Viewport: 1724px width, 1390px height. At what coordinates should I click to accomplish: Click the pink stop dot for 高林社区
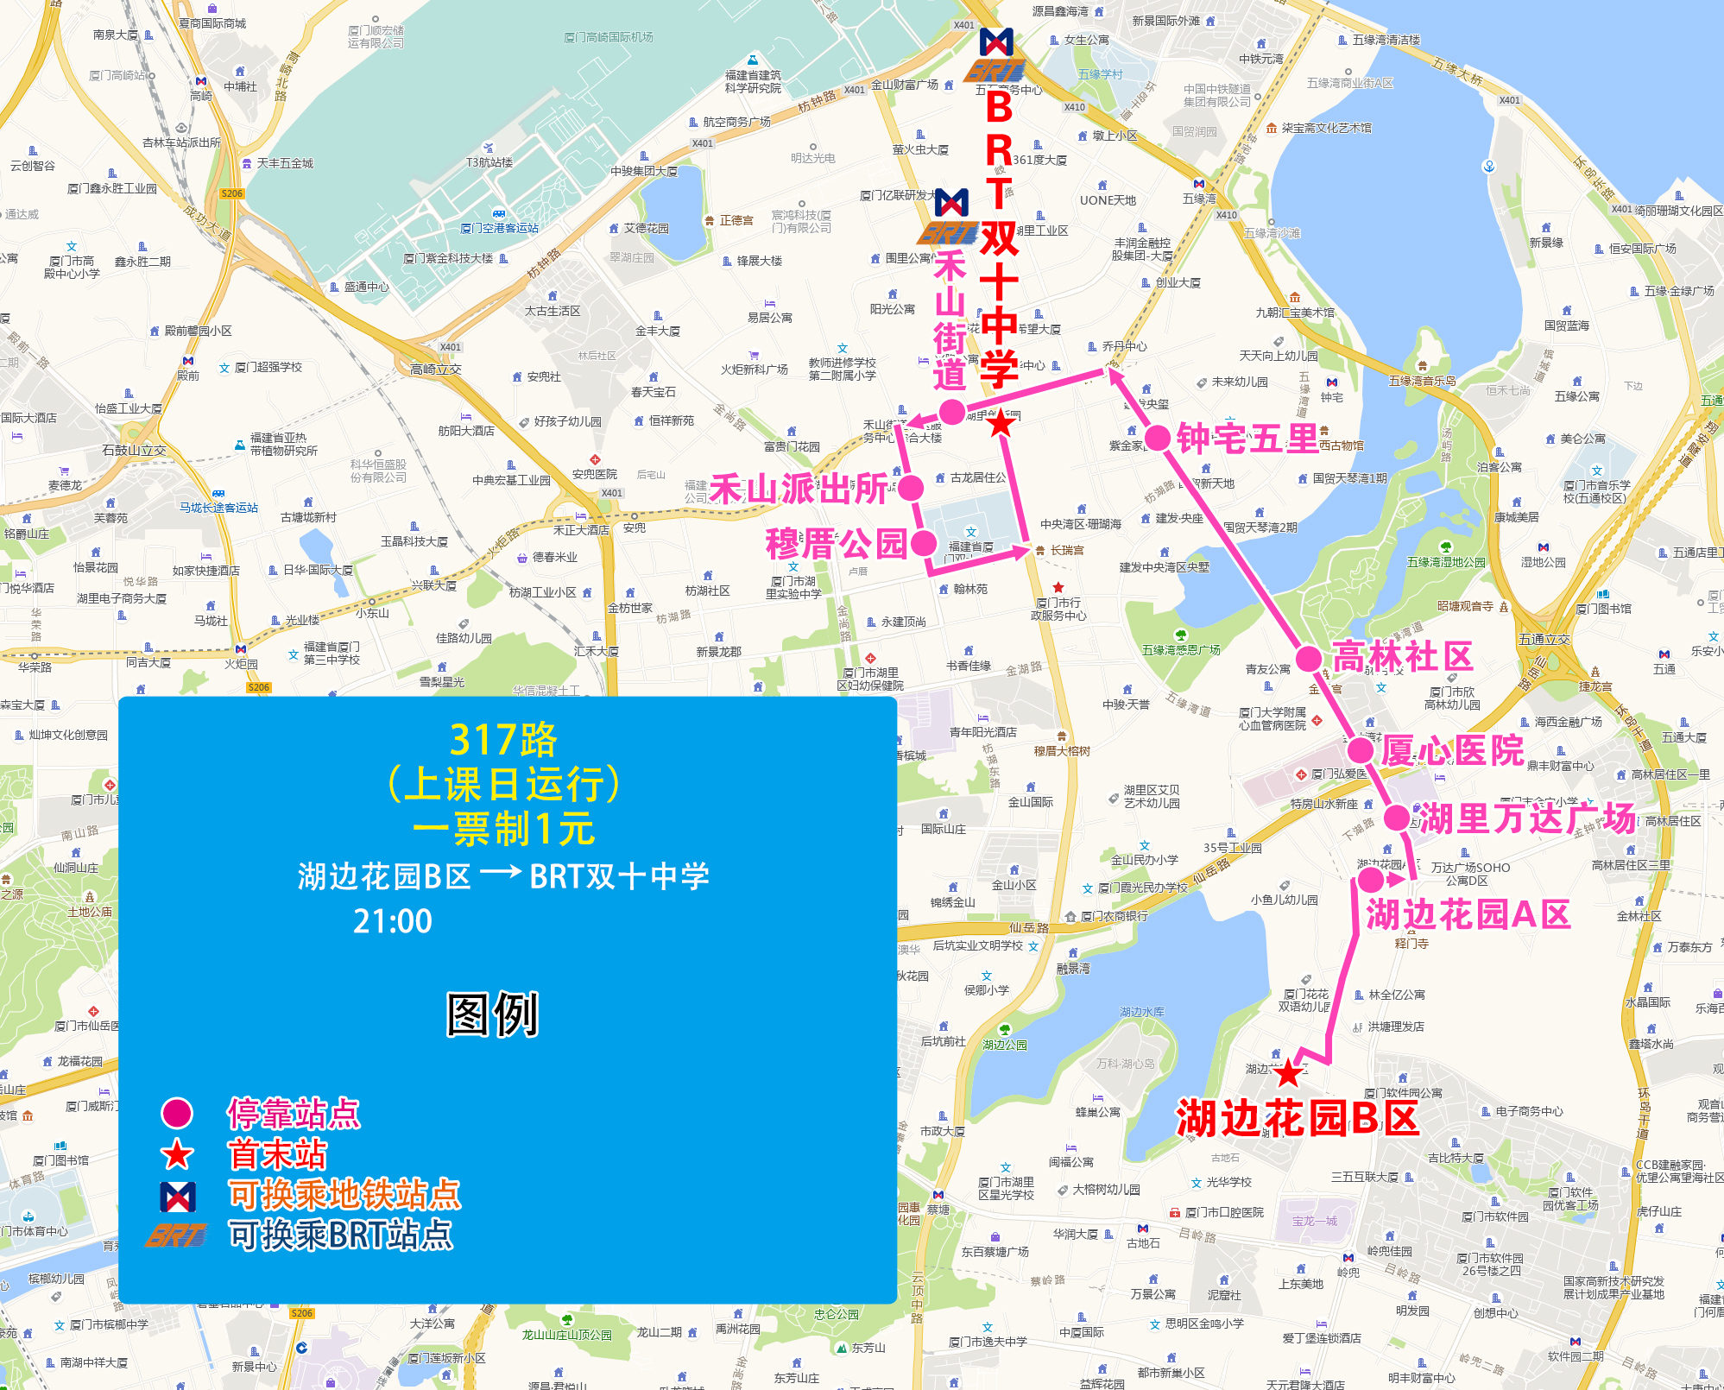coord(1309,659)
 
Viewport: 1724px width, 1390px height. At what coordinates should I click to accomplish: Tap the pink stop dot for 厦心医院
coord(1361,750)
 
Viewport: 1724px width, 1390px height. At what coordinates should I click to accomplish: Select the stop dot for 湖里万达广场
coord(1397,817)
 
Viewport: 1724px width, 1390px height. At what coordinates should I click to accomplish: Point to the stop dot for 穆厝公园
coord(924,543)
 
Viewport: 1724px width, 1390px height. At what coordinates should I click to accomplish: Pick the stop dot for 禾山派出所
coord(911,489)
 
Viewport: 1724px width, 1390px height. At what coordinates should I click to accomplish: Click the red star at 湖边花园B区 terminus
coord(1288,1073)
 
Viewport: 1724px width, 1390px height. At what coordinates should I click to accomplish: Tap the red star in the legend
coord(177,1154)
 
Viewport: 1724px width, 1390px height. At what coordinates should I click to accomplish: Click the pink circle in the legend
coord(177,1114)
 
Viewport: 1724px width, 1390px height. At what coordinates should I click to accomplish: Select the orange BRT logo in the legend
coord(177,1235)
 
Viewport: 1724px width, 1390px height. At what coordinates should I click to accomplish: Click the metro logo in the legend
coord(177,1196)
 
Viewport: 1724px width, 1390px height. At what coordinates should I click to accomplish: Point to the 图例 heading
coord(492,1014)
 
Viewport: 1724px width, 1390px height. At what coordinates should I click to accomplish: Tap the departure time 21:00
coord(392,921)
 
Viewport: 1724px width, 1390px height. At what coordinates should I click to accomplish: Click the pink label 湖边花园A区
coord(1468,914)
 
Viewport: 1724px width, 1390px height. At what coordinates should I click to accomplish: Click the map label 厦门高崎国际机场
coord(609,37)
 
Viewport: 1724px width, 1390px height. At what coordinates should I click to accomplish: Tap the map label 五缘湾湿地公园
coord(1446,562)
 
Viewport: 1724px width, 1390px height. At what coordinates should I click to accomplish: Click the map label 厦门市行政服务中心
coord(1058,609)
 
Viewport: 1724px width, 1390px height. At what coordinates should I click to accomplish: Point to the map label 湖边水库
coord(1141,1011)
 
